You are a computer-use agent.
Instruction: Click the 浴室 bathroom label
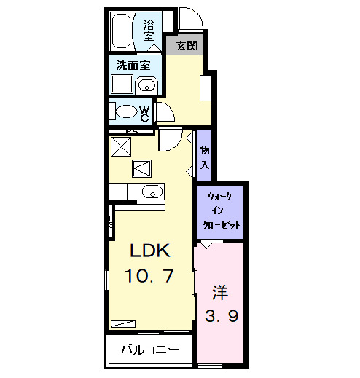coord(149,31)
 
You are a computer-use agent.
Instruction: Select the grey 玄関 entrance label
coord(187,45)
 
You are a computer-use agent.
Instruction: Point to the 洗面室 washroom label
coord(133,65)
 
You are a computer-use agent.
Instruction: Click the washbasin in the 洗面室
coord(146,85)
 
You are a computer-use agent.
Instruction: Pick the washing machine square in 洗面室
coord(122,84)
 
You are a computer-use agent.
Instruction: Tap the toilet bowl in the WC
coord(126,111)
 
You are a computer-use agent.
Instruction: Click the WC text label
coord(145,114)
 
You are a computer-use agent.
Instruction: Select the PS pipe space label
coord(132,132)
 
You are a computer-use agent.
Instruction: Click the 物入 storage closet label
coord(205,158)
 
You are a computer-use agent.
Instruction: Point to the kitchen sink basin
coord(152,192)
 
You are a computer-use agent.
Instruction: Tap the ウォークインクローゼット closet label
coord(221,210)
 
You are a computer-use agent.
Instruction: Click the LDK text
coord(150,251)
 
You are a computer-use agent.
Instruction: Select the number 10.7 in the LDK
coord(149,275)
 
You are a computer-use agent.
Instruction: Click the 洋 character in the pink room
coord(220,292)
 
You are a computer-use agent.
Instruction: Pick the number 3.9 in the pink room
coord(222,316)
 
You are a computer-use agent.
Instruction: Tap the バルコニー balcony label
coord(150,350)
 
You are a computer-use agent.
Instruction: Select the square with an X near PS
coord(121,146)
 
